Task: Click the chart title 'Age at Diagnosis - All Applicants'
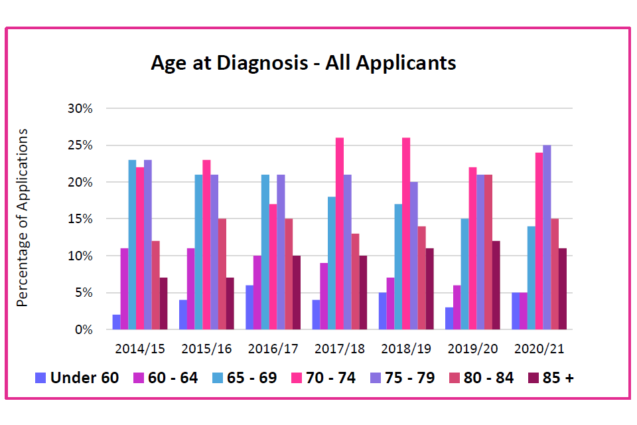(303, 63)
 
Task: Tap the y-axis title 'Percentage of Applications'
(23, 218)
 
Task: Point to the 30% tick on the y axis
(82, 108)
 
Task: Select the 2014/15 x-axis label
(139, 349)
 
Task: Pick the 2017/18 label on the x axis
(339, 349)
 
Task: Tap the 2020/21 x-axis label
(538, 349)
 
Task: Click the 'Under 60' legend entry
(77, 378)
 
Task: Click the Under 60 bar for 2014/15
(116, 322)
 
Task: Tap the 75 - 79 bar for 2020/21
(547, 238)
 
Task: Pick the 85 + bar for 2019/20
(496, 286)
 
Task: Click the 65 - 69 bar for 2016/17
(265, 252)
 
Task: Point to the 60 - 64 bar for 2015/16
(190, 289)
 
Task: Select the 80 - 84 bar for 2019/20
(488, 252)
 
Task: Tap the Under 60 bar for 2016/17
(249, 307)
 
